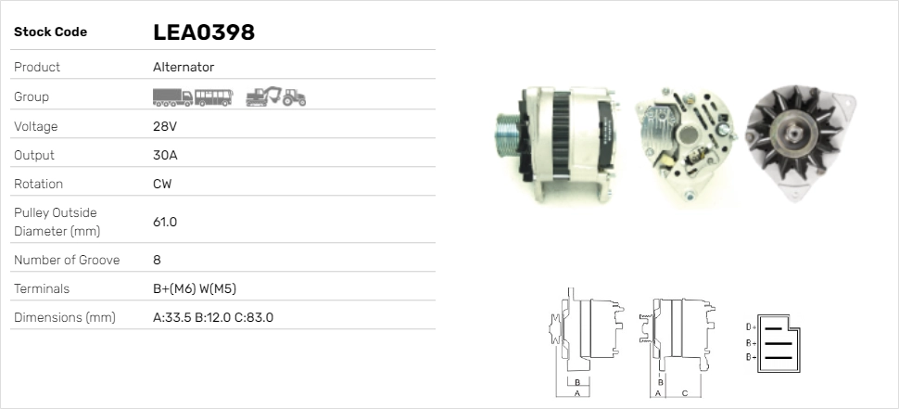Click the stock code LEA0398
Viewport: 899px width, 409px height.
(204, 32)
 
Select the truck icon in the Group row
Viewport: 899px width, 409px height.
(172, 97)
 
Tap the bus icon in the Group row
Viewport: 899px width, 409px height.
(213, 97)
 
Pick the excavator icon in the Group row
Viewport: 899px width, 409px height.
(264, 97)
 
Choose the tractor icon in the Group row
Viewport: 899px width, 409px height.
(294, 97)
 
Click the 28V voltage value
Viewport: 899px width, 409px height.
(165, 126)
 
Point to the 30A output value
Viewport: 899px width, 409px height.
(165, 155)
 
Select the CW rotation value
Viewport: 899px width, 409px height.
(162, 184)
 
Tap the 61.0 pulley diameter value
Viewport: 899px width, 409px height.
(165, 222)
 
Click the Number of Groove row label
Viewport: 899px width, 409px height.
(67, 260)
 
